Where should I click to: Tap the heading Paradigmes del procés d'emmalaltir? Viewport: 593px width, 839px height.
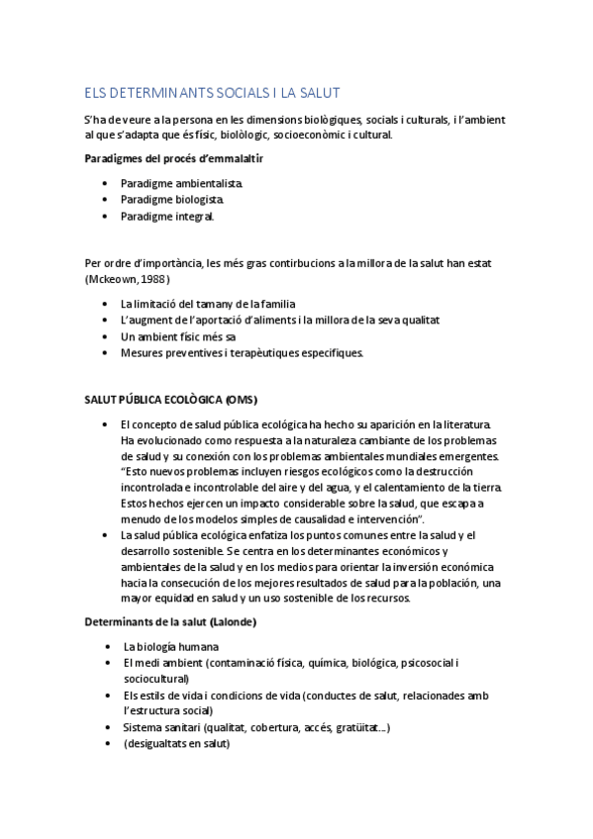174,158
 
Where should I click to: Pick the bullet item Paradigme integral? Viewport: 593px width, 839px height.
167,216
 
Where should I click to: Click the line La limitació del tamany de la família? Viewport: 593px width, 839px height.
208,304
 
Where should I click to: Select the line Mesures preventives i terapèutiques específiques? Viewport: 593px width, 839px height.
243,352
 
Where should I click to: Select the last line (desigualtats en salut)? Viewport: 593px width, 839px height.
177,744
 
